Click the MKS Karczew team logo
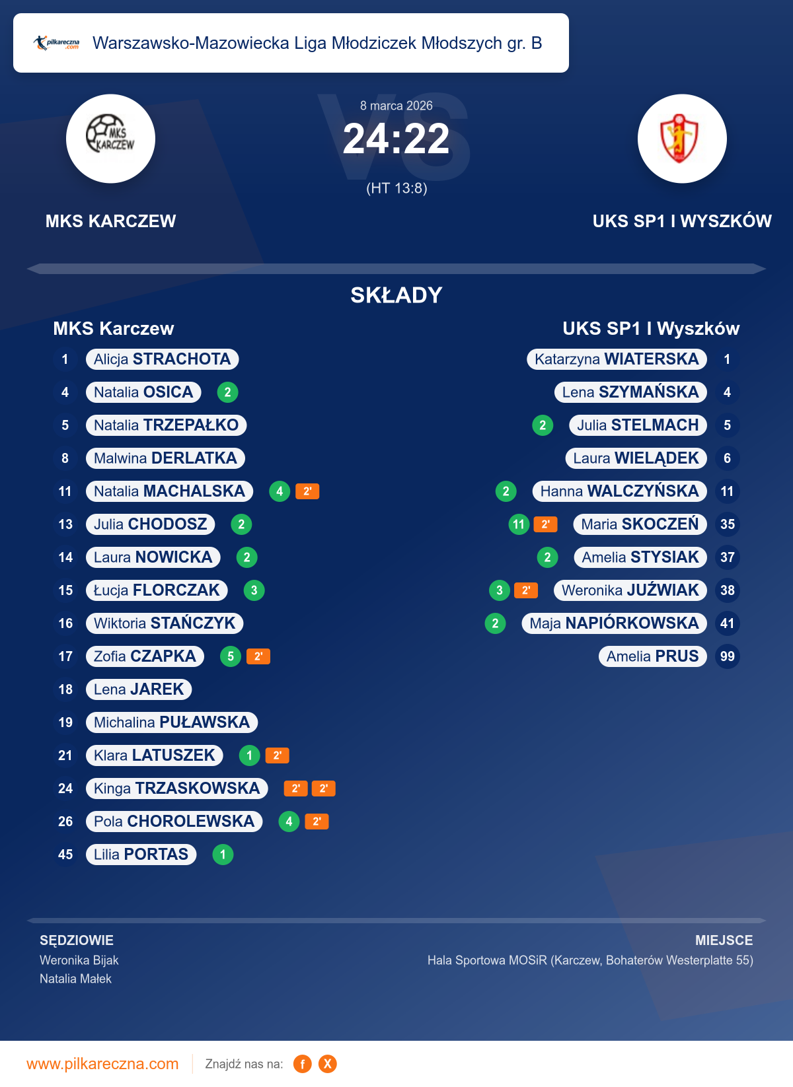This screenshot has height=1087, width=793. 110,139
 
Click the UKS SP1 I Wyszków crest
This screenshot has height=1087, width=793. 682,139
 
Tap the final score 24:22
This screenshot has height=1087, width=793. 396,139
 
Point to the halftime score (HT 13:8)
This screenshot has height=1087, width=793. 397,188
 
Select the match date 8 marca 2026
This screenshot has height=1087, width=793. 397,106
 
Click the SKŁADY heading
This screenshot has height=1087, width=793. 397,295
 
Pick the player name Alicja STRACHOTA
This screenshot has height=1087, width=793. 162,359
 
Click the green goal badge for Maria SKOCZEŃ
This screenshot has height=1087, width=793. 519,524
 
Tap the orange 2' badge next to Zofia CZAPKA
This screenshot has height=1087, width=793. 258,656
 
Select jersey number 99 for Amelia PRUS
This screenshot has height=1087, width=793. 727,656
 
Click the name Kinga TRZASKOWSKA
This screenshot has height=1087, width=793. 176,789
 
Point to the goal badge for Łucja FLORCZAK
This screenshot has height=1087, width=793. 254,590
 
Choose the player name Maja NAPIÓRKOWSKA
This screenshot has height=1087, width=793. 614,623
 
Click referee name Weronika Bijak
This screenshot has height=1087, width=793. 79,960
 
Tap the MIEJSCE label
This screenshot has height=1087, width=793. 724,940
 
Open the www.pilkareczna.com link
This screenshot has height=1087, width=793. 102,1064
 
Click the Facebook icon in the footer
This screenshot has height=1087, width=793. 302,1064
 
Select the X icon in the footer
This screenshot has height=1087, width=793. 327,1064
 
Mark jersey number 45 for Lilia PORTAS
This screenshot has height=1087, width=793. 65,855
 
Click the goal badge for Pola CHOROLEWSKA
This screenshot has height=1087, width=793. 289,822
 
